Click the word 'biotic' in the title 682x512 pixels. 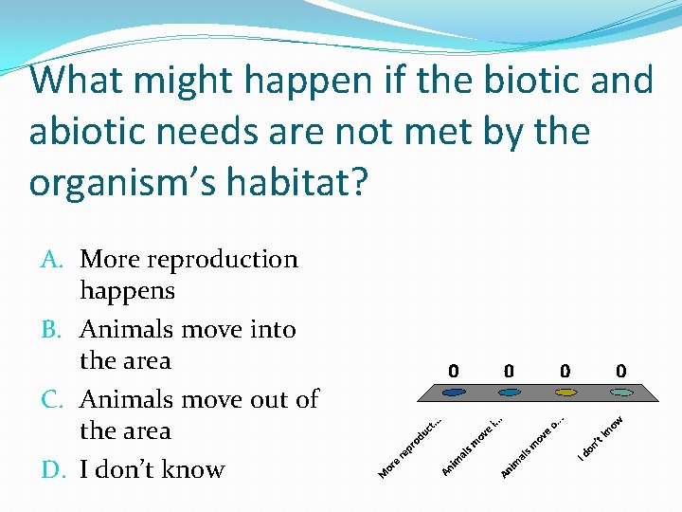pos(524,81)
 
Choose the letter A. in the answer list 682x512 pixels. pos(55,260)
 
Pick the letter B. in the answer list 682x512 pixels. pos(55,330)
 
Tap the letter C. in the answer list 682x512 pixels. pos(55,400)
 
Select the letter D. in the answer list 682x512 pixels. pos(55,469)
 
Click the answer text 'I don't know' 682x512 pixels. pos(153,469)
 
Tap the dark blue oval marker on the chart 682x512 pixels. pos(454,393)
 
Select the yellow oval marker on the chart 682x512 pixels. pos(565,393)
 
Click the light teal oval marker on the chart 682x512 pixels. pos(620,393)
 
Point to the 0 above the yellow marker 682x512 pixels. pos(565,370)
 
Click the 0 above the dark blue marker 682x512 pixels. pos(454,370)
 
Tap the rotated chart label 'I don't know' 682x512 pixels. pos(601,438)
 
